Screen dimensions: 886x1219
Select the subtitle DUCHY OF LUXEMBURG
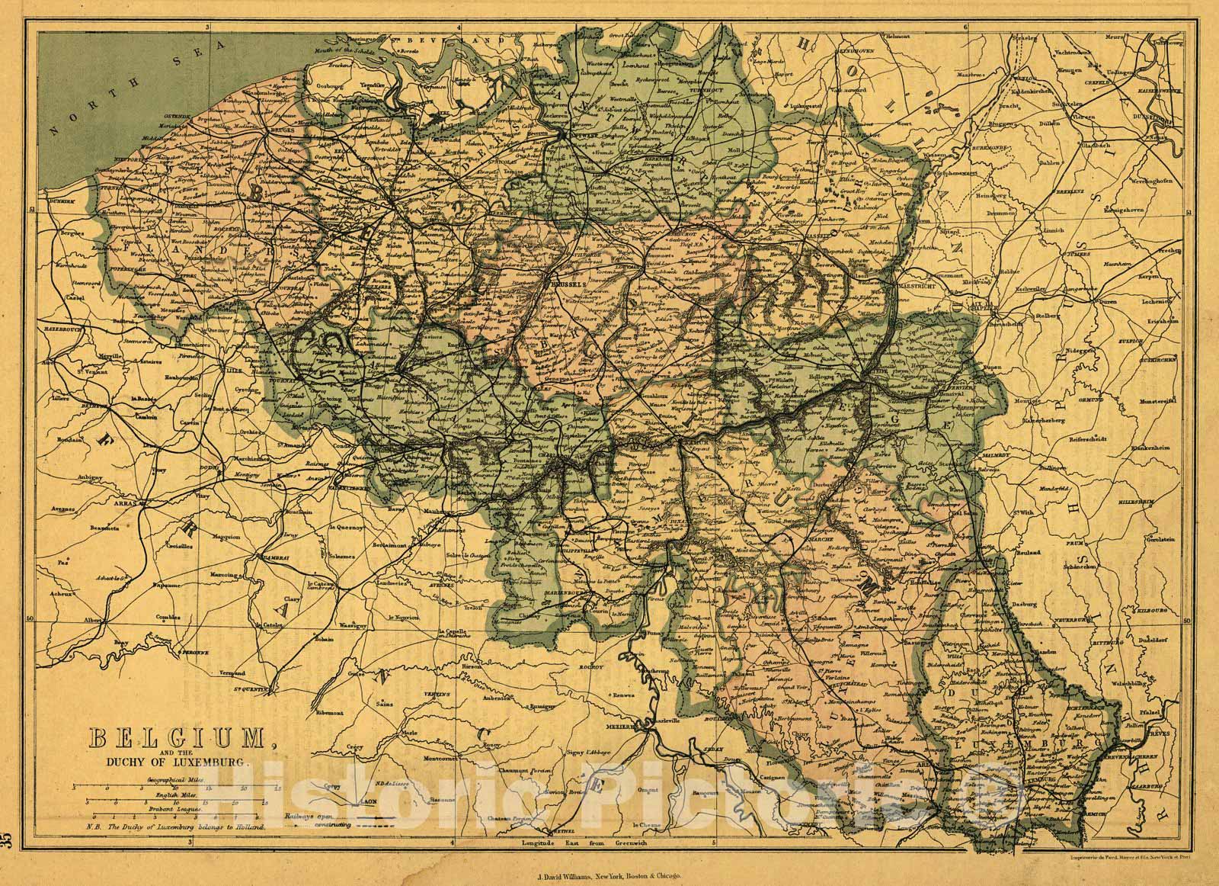click(174, 762)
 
